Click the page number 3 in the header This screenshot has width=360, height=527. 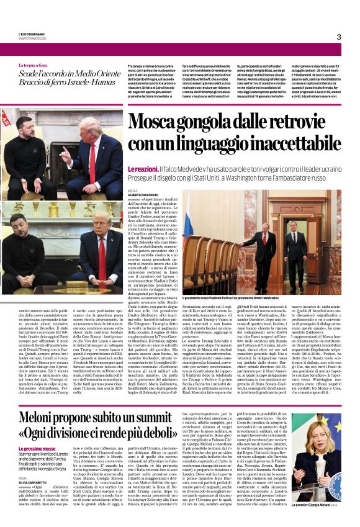(338, 37)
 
